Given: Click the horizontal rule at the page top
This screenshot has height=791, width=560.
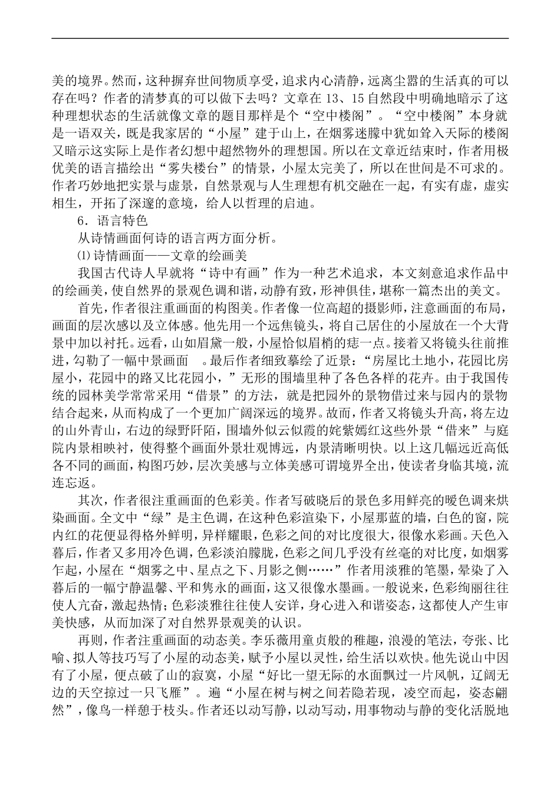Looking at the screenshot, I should click(280, 39).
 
